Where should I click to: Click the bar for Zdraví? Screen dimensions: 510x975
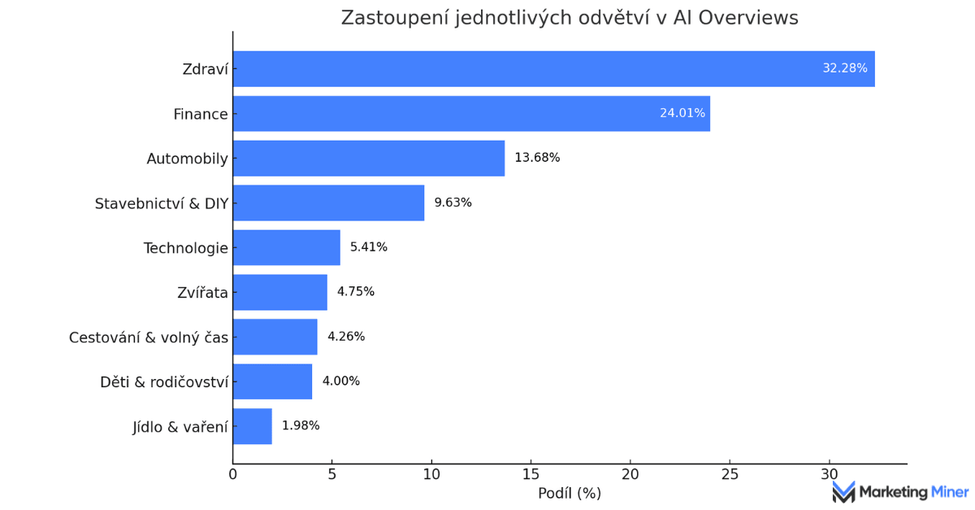click(x=553, y=69)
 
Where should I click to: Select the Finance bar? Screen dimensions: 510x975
click(x=471, y=114)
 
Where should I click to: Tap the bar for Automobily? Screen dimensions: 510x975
click(x=368, y=159)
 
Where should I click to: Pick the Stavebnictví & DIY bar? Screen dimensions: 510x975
click(x=328, y=203)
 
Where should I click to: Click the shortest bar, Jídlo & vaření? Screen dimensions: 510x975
click(x=252, y=425)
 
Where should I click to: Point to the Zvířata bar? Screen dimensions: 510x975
click(x=279, y=292)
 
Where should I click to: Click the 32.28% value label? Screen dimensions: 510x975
click(x=845, y=68)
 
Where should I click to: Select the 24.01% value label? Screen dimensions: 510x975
click(x=682, y=113)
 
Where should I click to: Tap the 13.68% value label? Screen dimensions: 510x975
click(x=537, y=158)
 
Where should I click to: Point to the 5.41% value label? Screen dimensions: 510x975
click(x=369, y=247)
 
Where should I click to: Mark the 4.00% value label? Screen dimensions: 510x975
click(x=341, y=381)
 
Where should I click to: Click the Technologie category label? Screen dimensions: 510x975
click(x=186, y=248)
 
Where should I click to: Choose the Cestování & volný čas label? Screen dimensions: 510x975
click(x=149, y=337)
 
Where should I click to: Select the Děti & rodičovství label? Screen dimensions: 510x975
click(x=164, y=381)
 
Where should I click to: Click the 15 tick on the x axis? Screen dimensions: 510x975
click(x=531, y=473)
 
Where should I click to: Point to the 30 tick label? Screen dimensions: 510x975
click(x=829, y=473)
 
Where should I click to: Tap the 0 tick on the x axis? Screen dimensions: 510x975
click(x=233, y=473)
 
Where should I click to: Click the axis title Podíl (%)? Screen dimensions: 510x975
click(x=570, y=493)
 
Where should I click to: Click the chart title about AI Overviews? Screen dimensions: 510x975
click(x=570, y=18)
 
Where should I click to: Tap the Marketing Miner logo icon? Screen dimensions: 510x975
click(x=843, y=491)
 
